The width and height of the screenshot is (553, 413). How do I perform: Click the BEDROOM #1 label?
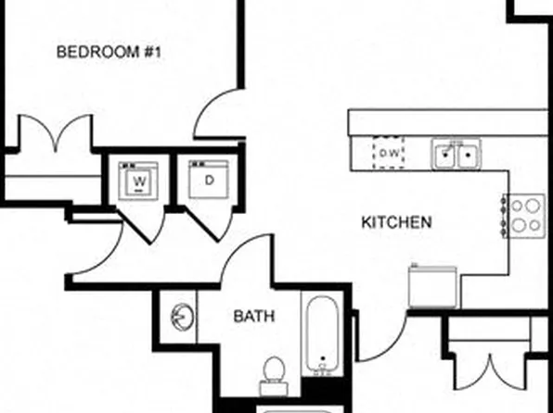(x=109, y=52)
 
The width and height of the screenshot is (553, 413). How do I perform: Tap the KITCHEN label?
(x=396, y=222)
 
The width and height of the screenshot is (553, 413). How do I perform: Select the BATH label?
(x=253, y=317)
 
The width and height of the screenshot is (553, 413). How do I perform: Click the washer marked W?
(x=140, y=180)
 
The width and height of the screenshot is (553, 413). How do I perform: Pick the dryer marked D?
(x=209, y=179)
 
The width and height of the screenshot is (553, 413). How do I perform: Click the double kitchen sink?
(x=456, y=154)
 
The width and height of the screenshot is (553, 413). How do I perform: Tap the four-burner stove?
(x=527, y=214)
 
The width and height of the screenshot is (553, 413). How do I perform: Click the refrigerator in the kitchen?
(x=431, y=285)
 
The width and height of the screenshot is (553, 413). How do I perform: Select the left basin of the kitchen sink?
(x=445, y=154)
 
